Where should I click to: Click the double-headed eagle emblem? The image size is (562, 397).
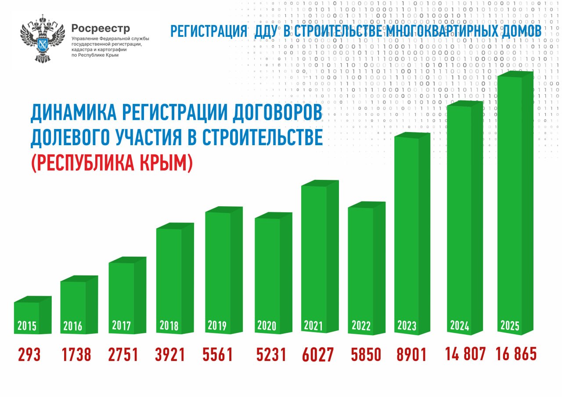[42, 39]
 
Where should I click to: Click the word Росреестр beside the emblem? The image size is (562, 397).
[101, 29]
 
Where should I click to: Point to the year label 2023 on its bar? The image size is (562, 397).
[407, 325]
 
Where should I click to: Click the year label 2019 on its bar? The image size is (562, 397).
[217, 325]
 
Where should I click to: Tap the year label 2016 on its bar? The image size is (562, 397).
[73, 326]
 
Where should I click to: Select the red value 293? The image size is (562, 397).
[29, 354]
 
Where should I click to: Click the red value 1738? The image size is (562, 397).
[77, 354]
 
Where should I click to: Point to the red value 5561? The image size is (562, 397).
[218, 354]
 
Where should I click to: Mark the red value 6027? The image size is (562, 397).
[318, 355]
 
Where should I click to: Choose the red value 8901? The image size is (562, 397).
[411, 354]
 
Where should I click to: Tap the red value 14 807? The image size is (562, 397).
[465, 354]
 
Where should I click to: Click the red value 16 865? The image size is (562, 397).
[516, 354]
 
